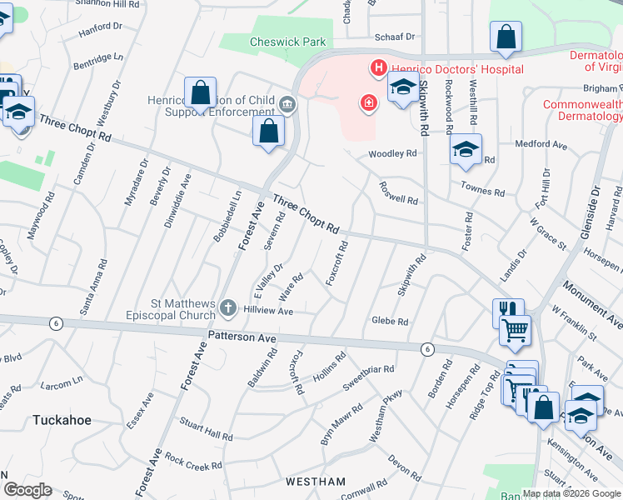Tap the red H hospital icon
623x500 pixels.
[378, 67]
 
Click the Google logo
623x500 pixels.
[27, 490]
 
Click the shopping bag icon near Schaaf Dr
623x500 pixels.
[506, 37]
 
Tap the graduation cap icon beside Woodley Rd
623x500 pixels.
[466, 149]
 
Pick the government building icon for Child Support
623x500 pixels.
[287, 104]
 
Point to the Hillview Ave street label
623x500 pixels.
[268, 311]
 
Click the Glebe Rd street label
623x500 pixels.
[390, 322]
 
